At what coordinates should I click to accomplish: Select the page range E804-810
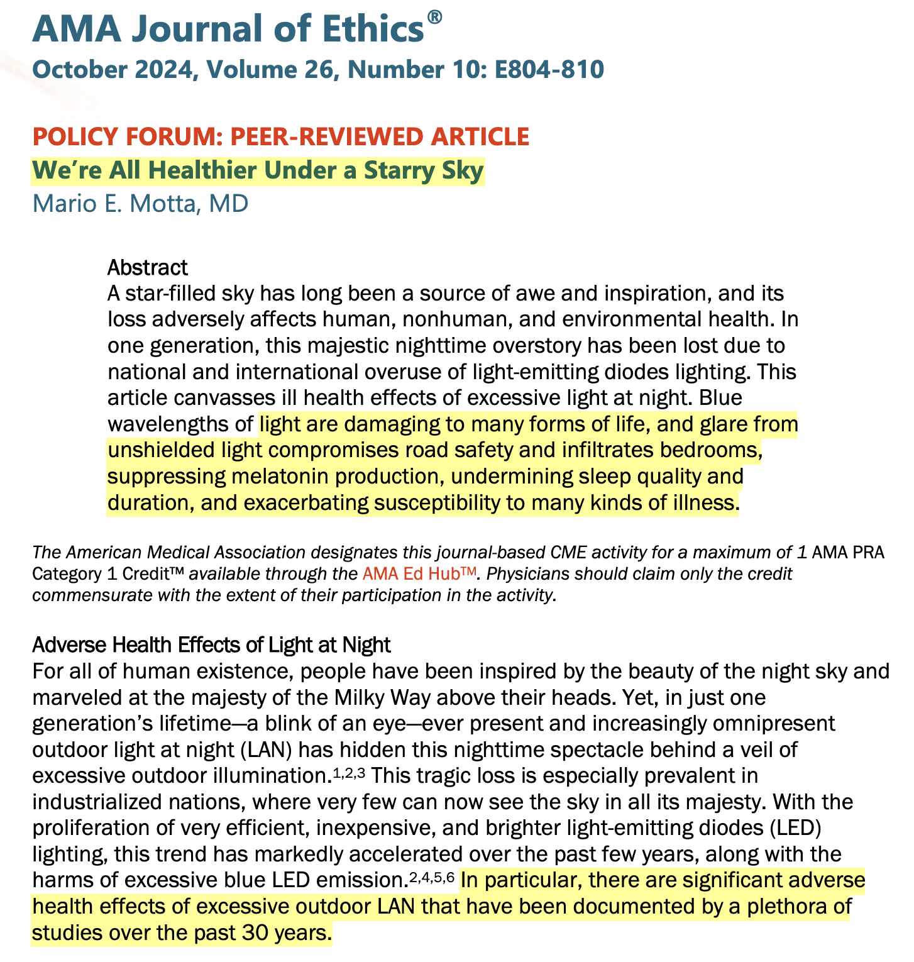point(549,69)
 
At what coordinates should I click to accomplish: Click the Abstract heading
point(147,267)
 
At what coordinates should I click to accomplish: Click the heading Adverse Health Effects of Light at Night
point(211,644)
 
